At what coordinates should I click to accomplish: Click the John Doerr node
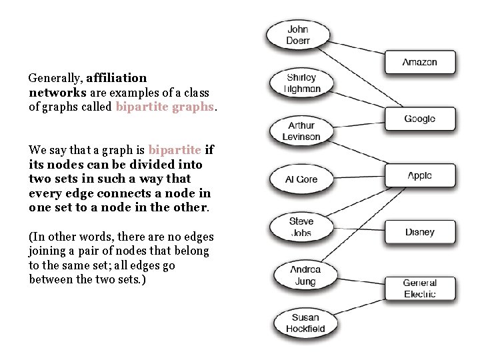pos(298,35)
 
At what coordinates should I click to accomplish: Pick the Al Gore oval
pos(301,179)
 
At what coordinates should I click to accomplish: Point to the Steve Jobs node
pos(301,227)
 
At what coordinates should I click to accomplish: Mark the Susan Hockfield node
pos(305,323)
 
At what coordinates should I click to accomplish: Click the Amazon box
pos(420,63)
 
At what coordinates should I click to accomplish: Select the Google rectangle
pos(420,119)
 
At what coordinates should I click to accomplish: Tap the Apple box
pos(420,176)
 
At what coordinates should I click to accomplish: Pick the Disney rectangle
pos(420,232)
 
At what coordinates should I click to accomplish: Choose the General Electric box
pos(420,289)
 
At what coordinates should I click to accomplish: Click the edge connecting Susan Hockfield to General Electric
pos(360,306)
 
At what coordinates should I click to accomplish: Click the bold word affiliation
pos(117,78)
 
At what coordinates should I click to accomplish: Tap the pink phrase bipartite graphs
pos(165,107)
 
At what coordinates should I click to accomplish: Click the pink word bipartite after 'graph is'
pos(175,149)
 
